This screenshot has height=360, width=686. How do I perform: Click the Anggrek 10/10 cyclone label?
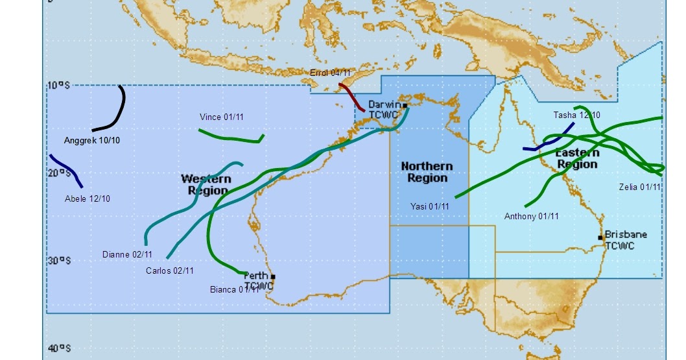coord(91,140)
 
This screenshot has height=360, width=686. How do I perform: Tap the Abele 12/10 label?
coord(88,198)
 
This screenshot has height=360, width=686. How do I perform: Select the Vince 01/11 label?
coord(222,117)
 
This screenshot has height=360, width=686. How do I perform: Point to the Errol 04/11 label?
coord(330,73)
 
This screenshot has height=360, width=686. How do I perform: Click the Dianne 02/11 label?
coord(127,254)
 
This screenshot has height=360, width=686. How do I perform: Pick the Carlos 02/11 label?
coord(169,270)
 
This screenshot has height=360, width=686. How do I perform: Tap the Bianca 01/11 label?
coord(235,289)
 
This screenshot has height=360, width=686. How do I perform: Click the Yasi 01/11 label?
coord(430,206)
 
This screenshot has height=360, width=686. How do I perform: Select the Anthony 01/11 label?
coord(531,217)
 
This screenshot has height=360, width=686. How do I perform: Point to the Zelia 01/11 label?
coord(640,187)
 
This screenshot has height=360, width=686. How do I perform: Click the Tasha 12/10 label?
coord(576,115)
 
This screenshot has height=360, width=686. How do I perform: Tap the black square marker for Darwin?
coord(405,105)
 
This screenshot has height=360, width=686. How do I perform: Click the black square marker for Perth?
coord(273,277)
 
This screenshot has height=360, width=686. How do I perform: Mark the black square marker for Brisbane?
coord(601,237)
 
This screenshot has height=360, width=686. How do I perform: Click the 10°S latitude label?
coord(58,85)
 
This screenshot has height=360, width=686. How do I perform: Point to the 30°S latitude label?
coord(58,260)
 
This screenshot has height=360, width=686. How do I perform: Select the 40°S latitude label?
coord(58,348)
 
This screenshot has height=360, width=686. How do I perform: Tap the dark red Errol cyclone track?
coord(352,98)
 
